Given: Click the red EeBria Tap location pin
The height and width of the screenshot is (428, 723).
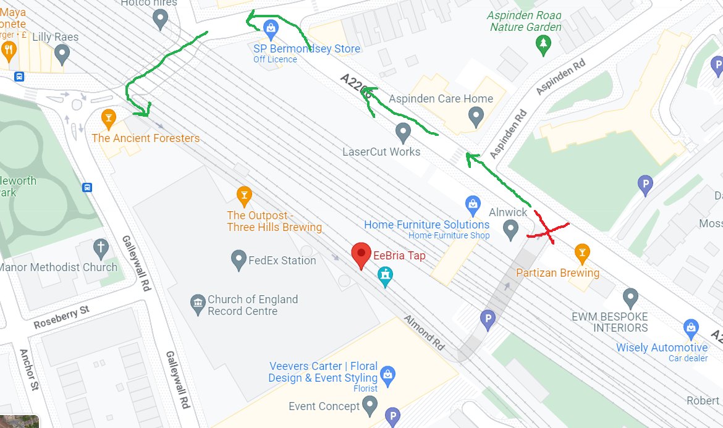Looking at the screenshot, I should point(361,254).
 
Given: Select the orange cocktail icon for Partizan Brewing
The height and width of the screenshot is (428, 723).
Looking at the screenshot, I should point(581,252).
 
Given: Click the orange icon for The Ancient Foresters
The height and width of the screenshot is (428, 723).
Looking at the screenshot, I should point(108,117).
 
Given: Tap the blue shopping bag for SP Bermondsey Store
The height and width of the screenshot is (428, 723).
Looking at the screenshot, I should point(270,28).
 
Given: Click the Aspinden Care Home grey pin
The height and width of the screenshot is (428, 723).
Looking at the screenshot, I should point(475,114).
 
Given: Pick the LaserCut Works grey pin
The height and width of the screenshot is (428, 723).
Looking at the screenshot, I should point(403,131).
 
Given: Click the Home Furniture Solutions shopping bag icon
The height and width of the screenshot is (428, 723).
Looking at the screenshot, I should point(473,203).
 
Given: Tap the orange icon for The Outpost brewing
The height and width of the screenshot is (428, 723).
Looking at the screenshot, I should point(245,196).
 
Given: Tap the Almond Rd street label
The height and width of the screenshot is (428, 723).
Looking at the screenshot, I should point(424,334).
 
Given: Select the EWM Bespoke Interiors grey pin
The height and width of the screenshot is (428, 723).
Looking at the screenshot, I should point(630,298).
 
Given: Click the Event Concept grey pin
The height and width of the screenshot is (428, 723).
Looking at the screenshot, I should point(370,405).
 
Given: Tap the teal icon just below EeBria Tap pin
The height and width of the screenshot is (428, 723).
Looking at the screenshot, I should point(386,277).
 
